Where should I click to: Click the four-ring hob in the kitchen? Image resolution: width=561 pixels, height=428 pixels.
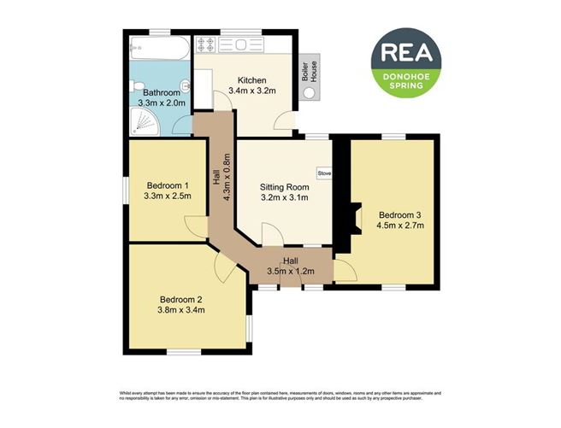(x=208, y=44)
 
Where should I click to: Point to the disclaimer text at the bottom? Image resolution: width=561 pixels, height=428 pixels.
(x=280, y=396)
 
